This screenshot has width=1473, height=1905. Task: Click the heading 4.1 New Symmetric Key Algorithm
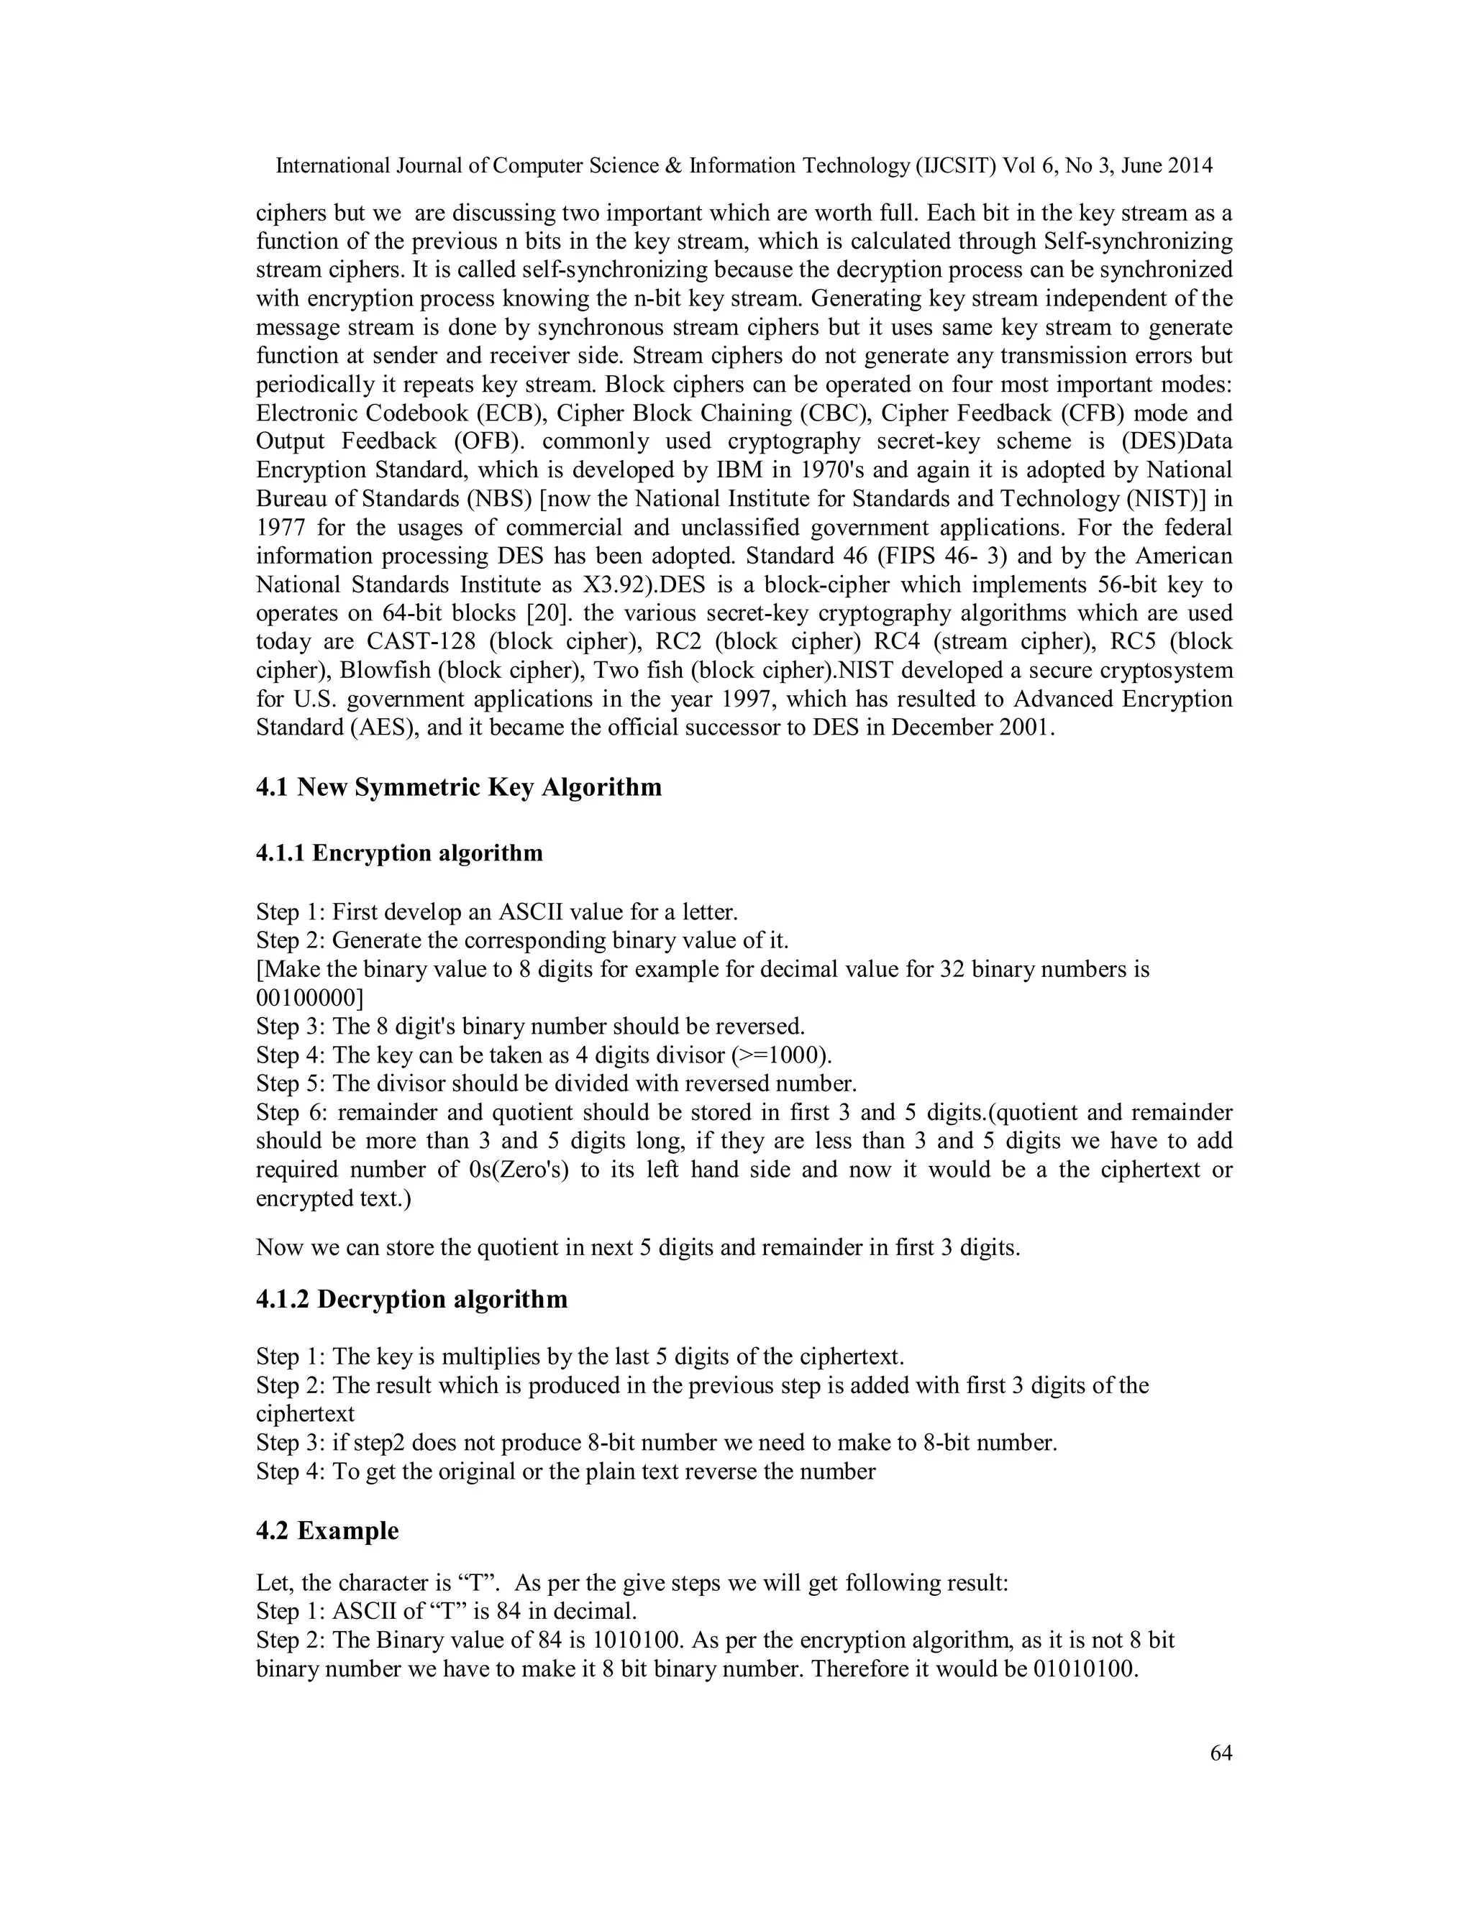point(458,788)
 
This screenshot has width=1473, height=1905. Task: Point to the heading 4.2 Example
point(327,1530)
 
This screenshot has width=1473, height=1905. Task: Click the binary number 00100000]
point(310,998)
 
